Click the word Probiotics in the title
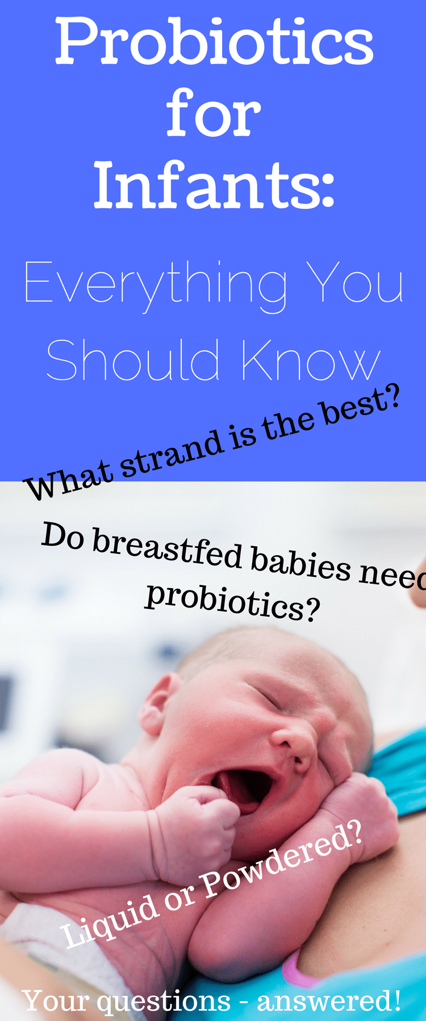tap(214, 41)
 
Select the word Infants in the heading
tap(214, 184)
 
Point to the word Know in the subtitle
tap(311, 360)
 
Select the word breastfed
tap(168, 551)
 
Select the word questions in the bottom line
tap(164, 1002)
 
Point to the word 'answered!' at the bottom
tap(329, 1001)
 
